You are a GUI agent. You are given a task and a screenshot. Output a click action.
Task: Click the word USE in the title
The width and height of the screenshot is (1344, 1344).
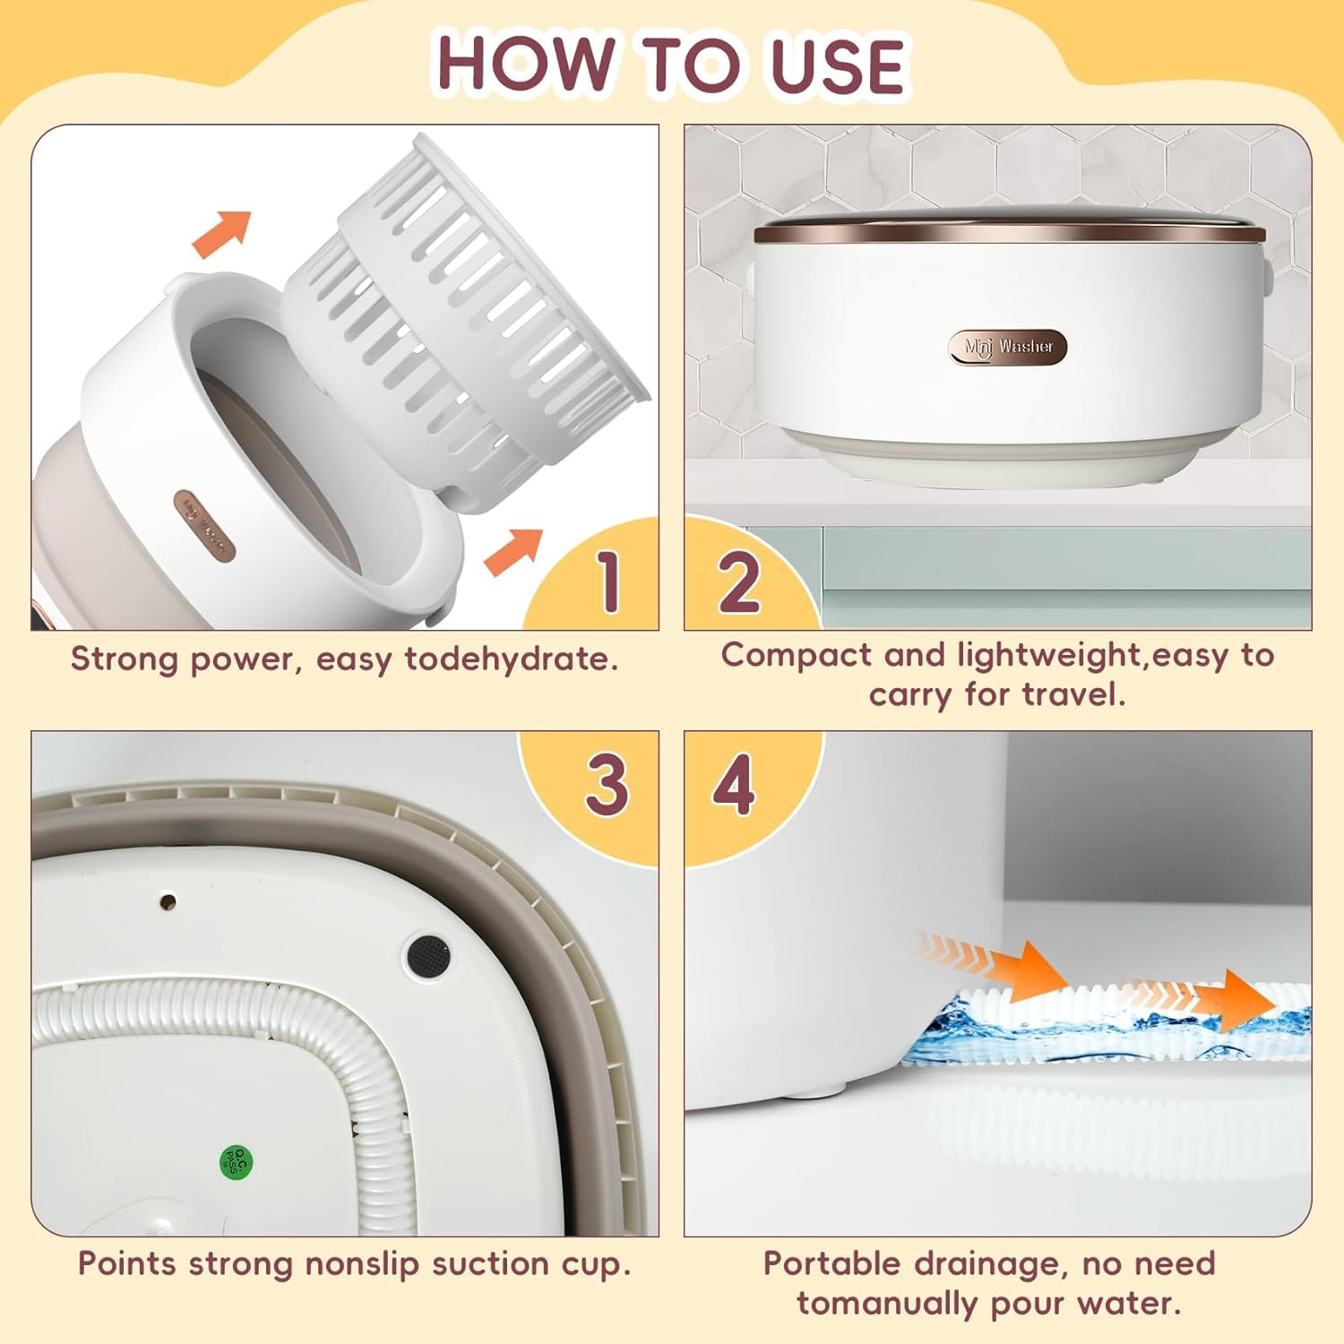coord(838,65)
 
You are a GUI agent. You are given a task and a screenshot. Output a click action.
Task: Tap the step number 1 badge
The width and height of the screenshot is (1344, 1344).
coord(608,581)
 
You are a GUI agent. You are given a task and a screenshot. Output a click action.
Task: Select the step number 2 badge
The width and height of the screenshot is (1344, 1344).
coord(739,581)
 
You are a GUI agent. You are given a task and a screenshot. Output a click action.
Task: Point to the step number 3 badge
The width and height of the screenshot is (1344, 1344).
coord(607,784)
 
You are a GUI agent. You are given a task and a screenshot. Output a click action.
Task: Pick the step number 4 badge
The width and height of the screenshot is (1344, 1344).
coord(734,785)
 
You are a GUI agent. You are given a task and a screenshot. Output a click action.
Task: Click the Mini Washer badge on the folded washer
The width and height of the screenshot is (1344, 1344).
coord(1008,347)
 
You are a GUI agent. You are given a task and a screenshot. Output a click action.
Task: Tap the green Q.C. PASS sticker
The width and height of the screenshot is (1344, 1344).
coord(237,1163)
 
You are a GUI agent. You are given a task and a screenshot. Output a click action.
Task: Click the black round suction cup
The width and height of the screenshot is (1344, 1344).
coord(428,955)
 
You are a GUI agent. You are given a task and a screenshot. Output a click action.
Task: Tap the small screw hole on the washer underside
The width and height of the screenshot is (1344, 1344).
coord(167,901)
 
